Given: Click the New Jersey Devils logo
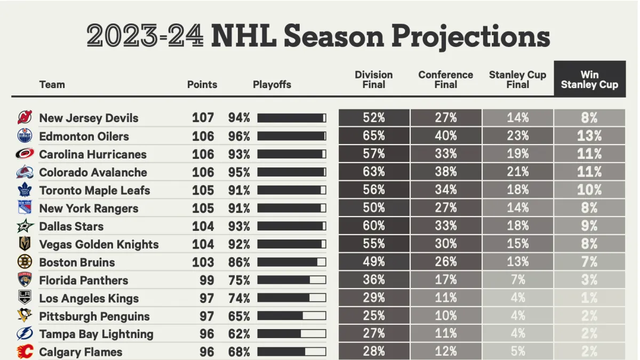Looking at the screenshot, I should click(25, 118).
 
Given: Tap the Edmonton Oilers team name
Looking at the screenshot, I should click(84, 136).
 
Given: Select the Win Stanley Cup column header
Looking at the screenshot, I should click(589, 79).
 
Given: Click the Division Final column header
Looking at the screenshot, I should click(373, 79).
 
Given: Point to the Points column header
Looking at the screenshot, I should click(202, 84).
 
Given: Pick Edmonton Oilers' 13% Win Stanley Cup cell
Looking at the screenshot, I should click(589, 136).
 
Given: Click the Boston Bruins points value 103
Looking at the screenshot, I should click(203, 262).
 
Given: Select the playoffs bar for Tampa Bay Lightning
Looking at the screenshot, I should click(291, 334).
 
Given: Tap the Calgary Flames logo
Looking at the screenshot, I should click(25, 352).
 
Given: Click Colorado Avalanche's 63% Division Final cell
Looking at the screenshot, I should click(374, 172).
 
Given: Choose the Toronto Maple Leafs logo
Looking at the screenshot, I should click(25, 190).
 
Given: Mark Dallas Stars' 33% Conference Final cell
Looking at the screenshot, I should click(445, 226).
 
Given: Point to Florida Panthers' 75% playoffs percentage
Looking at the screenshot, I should click(239, 281).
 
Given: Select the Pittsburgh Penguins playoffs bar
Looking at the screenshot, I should click(291, 316).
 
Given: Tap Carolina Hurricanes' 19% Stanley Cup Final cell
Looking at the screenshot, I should click(517, 154).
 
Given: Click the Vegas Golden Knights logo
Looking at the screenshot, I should click(25, 244).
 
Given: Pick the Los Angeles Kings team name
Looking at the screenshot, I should click(89, 298).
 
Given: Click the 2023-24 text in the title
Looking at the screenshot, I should click(145, 36).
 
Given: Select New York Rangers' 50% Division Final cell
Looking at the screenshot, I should click(374, 208).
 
